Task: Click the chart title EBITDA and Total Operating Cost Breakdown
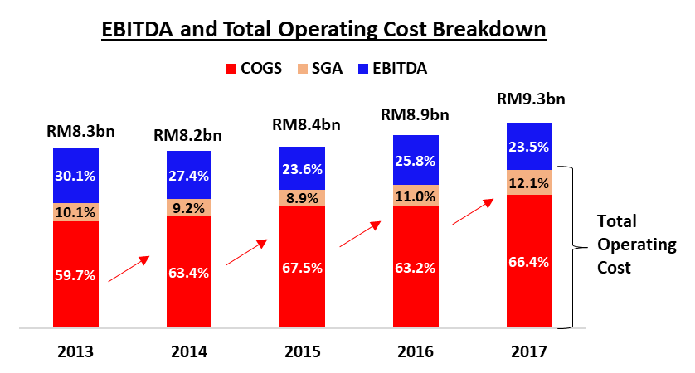(323, 29)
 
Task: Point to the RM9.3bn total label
(529, 99)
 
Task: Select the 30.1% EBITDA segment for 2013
(75, 176)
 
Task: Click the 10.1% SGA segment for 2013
(75, 211)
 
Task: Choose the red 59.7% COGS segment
(75, 275)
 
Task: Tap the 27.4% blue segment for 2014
(189, 176)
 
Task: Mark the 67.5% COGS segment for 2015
(302, 267)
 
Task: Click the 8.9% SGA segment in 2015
(302, 197)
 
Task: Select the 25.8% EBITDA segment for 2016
(416, 161)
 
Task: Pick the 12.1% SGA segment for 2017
(528, 182)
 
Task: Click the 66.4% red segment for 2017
(528, 262)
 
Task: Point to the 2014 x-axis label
(189, 351)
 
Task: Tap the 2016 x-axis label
(416, 351)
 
